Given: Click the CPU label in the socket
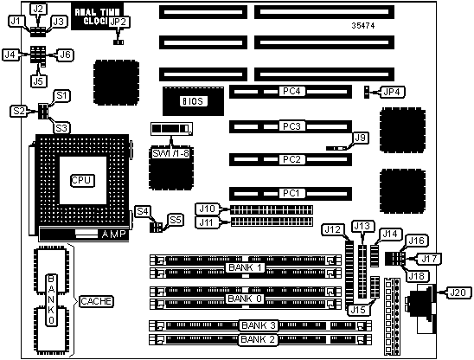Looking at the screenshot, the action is pos(82,180).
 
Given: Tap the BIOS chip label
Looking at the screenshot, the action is pos(194,101).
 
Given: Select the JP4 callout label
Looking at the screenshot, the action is pos(392,92).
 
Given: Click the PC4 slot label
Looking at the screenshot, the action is pos(291,92).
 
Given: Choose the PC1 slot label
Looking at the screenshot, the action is pos(291,193).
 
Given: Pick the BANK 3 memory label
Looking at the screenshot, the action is pos(259,325).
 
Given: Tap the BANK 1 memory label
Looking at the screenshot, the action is pos(245,267).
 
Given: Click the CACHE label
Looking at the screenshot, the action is pos(96,301).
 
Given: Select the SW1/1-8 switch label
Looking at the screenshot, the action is pos(170,153).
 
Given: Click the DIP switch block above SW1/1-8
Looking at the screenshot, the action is pos(171,129).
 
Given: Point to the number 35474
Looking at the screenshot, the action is pos(363,26).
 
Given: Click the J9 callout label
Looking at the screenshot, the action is pos(361,138).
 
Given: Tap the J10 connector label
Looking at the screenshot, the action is pos(208,209).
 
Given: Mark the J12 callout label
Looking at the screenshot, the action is pos(333,230).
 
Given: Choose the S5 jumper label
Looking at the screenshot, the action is pos(176,220).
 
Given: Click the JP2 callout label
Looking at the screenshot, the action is pos(119,22).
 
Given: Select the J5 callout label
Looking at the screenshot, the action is pos(39,80).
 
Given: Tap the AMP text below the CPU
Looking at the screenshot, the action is pos(113,234).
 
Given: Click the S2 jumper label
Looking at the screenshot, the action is pos(19,111).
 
